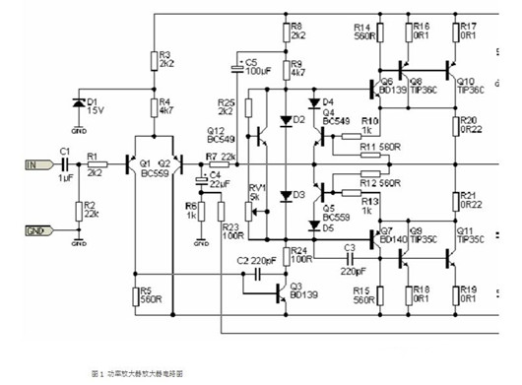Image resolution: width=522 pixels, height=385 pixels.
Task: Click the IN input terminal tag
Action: pyautogui.click(x=32, y=164)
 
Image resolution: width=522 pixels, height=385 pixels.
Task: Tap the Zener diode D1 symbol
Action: pyautogui.click(x=78, y=103)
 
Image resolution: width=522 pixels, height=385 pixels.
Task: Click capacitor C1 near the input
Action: pyautogui.click(x=65, y=164)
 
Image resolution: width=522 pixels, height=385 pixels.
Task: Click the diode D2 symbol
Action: pyautogui.click(x=286, y=121)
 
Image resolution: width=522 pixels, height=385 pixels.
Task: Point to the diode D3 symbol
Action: pyautogui.click(x=286, y=196)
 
